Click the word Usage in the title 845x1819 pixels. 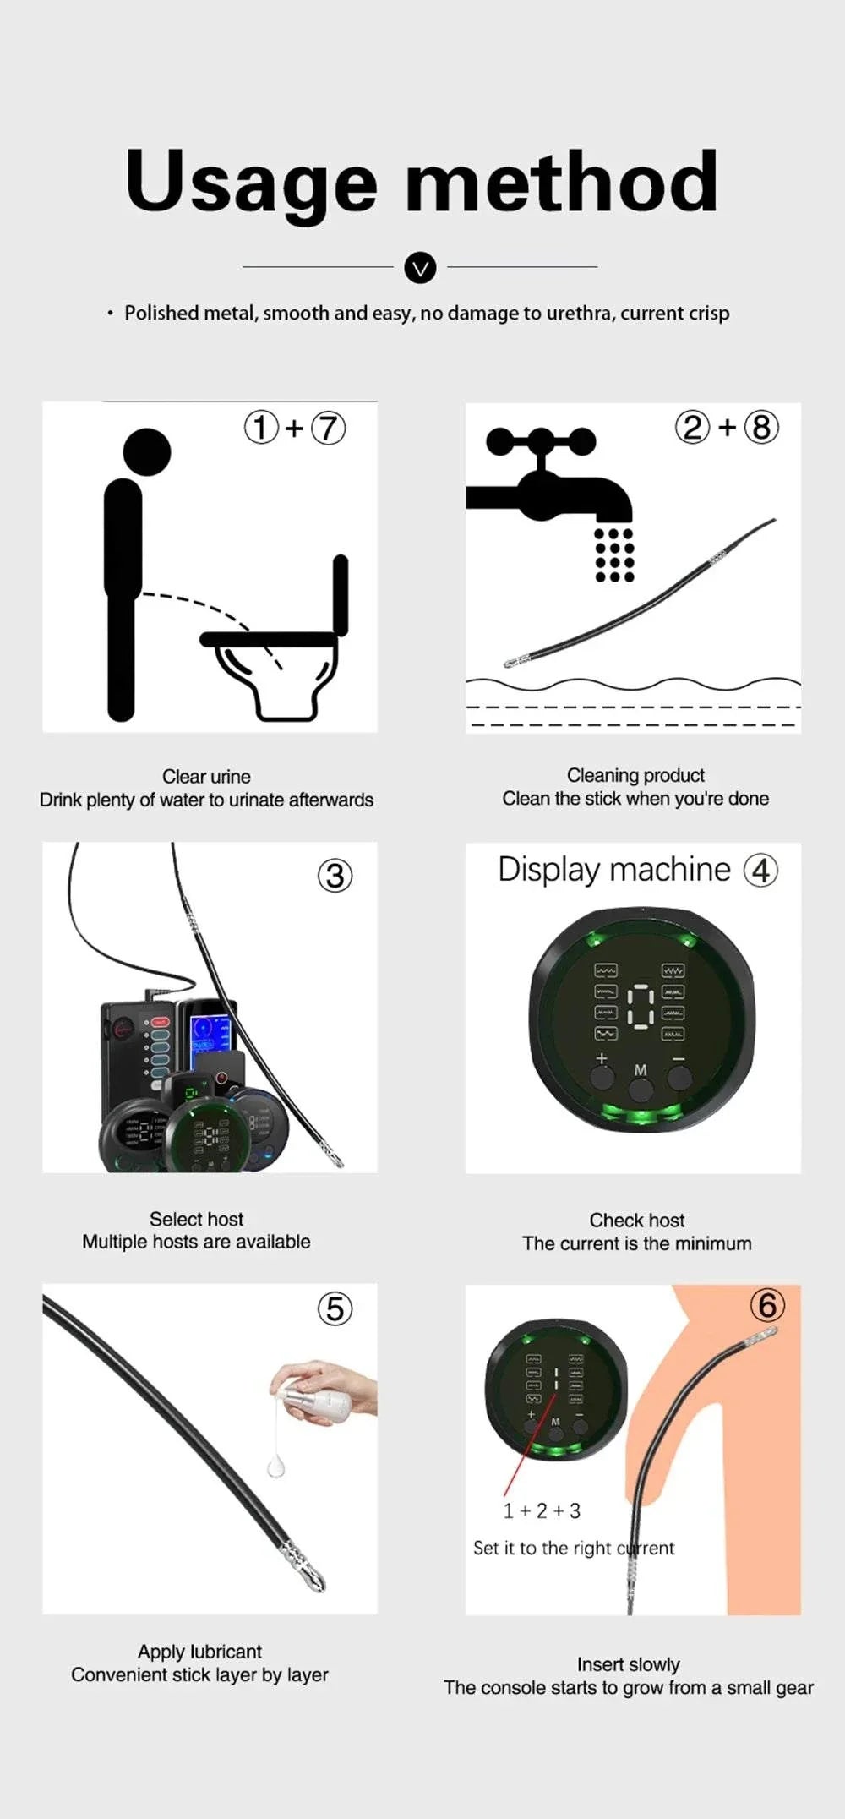[251, 182]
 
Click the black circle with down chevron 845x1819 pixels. [420, 268]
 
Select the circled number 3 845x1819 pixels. [335, 876]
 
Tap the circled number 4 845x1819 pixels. [760, 870]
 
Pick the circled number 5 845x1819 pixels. [335, 1308]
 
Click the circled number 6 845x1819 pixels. [767, 1305]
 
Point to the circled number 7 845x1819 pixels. [329, 428]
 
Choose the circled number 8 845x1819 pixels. [760, 428]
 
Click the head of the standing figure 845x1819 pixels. [147, 451]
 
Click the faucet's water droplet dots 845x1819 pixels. [614, 555]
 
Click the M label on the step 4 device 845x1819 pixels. [641, 1070]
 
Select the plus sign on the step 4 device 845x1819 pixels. [602, 1058]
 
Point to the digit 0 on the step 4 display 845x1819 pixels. [641, 1006]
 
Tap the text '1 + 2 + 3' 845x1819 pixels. [542, 1510]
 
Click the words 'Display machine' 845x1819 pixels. [613, 870]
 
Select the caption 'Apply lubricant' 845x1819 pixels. [199, 1651]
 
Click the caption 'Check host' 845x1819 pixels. [636, 1220]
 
